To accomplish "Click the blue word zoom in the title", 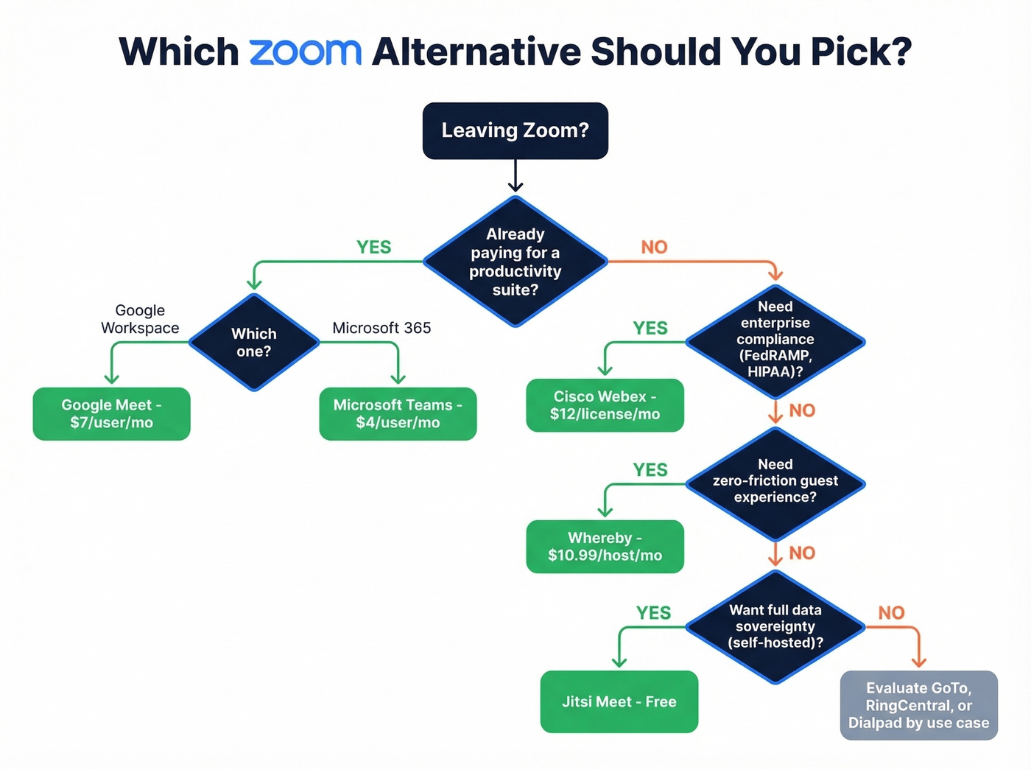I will [305, 52].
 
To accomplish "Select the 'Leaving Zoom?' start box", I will [515, 130].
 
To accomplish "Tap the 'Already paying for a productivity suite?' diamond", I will [515, 262].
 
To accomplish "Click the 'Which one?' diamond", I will [254, 342].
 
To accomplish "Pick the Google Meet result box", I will [111, 413].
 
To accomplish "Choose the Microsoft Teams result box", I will [398, 413].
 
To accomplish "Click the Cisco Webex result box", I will [605, 405].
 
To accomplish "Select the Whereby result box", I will [605, 547].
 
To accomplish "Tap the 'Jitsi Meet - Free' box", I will [619, 701].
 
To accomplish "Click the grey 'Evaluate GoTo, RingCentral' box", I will [918, 705].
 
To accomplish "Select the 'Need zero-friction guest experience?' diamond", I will [775, 482].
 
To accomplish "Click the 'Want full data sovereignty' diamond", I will [775, 626].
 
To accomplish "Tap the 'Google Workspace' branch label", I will [140, 319].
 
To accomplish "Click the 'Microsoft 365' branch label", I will [381, 328].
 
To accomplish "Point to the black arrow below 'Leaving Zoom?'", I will [515, 177].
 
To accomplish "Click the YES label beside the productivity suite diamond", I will [373, 248].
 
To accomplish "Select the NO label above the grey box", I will [891, 612].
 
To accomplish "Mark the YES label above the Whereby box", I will [650, 470].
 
